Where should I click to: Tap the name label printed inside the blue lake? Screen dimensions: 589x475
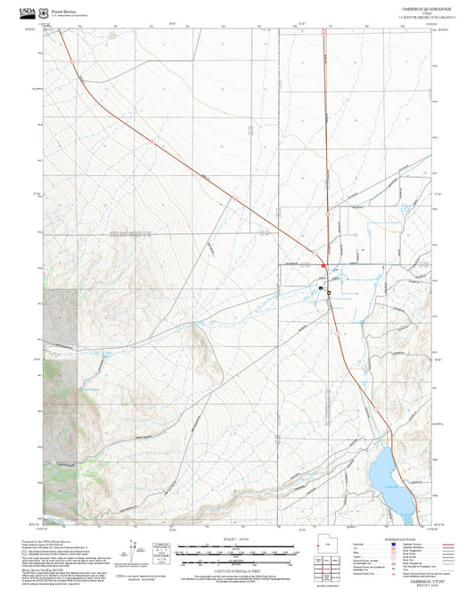(389, 486)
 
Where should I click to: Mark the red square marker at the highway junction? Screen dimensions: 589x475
(323, 265)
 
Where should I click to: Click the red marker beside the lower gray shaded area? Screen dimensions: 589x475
(54, 464)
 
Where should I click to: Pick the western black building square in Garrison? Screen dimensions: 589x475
(322, 287)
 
